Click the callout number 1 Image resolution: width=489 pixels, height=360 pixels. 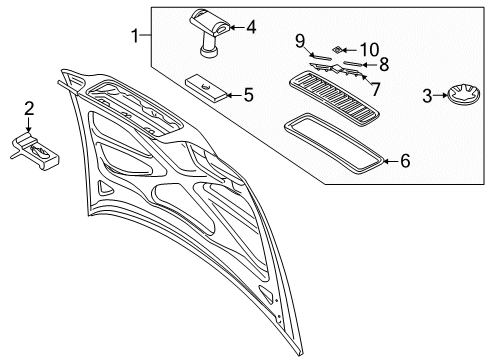coord(135,37)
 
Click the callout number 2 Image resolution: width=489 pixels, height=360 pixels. coord(29,108)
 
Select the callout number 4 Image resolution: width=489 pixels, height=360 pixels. coord(250,27)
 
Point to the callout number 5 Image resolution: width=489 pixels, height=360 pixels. coord(248,96)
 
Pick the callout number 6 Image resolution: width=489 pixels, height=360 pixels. coord(405,159)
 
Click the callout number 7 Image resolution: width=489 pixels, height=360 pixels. coord(375,88)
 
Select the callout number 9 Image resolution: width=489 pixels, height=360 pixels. coord(299,42)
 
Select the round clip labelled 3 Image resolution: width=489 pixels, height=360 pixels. coord(461,97)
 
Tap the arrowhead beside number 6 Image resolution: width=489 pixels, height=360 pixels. coord(385,159)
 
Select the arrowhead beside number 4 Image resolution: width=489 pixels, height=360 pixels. coord(232,27)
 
